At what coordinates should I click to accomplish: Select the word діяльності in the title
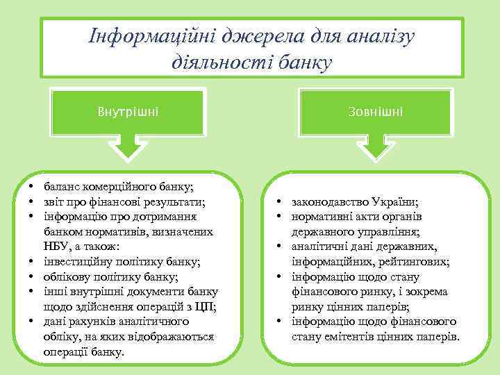[x=214, y=64]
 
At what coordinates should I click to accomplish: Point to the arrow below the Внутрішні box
[x=128, y=148]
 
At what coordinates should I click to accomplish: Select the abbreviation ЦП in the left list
[x=205, y=307]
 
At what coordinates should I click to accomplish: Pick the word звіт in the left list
[x=53, y=201]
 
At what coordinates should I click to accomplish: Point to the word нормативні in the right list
[x=321, y=217]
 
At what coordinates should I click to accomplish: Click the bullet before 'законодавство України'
[x=278, y=202]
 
